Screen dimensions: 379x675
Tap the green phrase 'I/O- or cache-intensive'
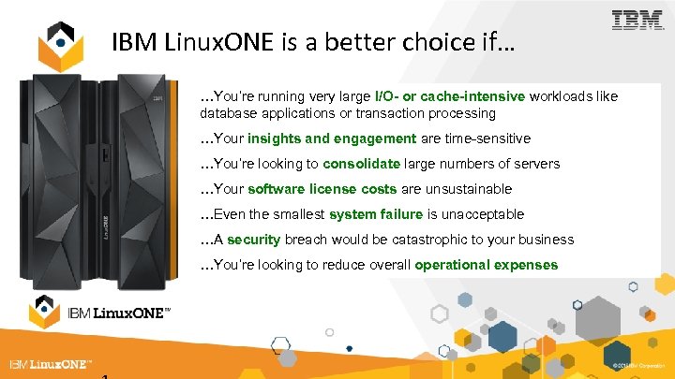[x=450, y=96]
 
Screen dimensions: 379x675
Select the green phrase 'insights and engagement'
[x=332, y=138]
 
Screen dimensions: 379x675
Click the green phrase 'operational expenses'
[x=486, y=265]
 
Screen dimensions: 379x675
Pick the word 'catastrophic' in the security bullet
[x=410, y=240]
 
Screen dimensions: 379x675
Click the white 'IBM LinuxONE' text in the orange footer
[x=52, y=364]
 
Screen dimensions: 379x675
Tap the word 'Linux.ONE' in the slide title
[x=193, y=42]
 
